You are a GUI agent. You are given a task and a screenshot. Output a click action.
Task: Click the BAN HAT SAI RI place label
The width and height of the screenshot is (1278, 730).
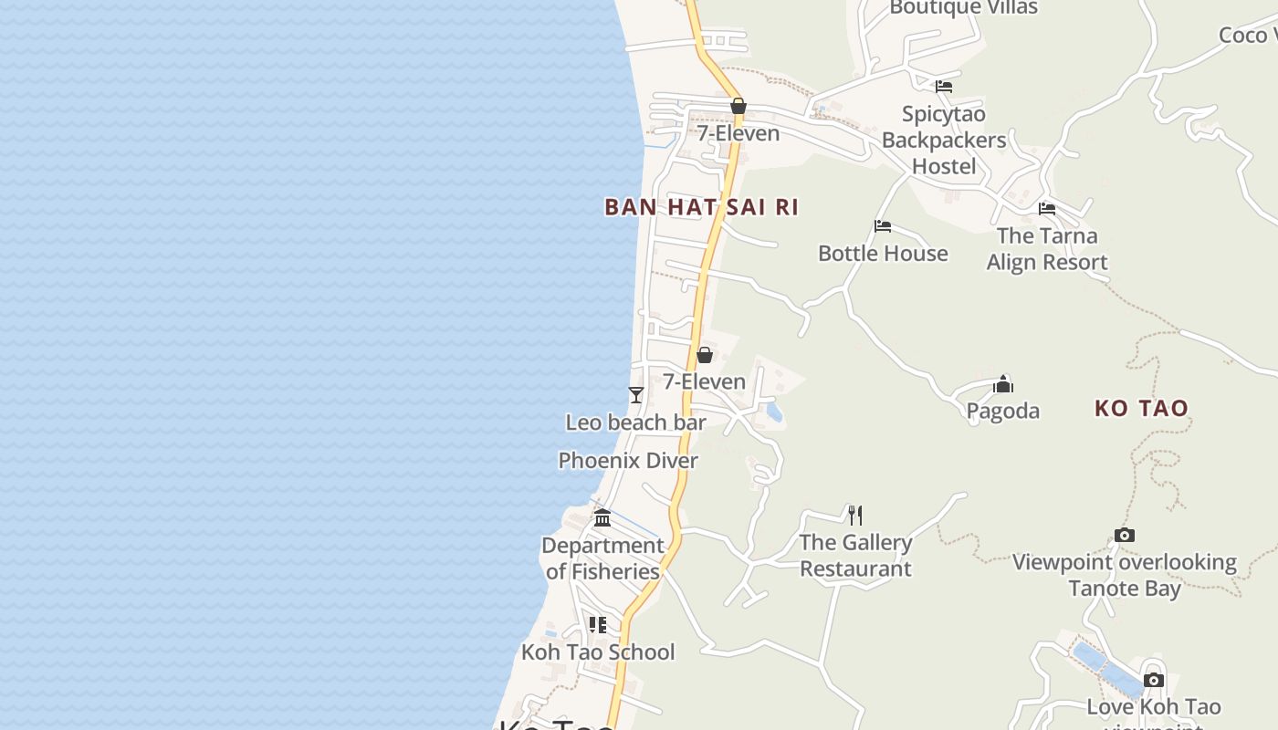[701, 207]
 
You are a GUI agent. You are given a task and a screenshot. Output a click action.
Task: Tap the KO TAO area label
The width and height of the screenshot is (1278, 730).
[1141, 408]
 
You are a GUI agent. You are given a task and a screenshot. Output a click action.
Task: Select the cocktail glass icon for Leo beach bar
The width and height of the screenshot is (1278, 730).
[636, 395]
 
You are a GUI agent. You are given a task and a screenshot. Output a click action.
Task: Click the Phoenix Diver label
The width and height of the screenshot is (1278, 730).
[628, 461]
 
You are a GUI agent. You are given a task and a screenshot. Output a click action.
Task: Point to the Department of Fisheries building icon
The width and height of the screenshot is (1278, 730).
[602, 518]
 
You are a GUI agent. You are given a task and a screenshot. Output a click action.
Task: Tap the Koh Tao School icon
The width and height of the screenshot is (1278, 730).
[598, 625]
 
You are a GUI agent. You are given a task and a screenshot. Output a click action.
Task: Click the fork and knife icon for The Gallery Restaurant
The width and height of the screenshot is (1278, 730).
[855, 516]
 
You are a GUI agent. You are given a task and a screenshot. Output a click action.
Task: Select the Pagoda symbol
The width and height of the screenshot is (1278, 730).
[1003, 383]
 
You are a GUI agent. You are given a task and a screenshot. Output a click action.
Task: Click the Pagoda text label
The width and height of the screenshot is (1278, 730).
[1003, 411]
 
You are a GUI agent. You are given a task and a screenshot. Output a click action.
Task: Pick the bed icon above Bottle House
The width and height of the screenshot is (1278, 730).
[883, 226]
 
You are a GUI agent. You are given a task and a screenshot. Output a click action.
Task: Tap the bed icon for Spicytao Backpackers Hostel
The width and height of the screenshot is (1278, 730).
[944, 87]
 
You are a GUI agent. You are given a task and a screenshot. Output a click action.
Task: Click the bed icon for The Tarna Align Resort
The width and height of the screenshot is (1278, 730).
[1047, 209]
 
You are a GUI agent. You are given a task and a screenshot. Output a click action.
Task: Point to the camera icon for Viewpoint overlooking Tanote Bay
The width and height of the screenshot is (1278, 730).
[1125, 536]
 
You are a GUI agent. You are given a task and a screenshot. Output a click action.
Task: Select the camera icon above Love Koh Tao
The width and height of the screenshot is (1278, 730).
[1154, 680]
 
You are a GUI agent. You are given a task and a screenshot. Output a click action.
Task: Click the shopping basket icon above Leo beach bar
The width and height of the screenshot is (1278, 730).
[705, 355]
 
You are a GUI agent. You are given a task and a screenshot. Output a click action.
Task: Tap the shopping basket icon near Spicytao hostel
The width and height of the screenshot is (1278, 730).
[739, 107]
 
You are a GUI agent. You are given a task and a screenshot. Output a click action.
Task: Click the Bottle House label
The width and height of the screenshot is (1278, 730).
[883, 254]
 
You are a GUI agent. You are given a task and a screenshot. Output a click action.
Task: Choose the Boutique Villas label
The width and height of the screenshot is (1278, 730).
[963, 8]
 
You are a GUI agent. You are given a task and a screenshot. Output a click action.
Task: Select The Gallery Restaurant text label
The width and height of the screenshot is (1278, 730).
[855, 556]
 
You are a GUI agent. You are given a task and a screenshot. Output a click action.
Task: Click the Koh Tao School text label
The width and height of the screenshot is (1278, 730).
[598, 652]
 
